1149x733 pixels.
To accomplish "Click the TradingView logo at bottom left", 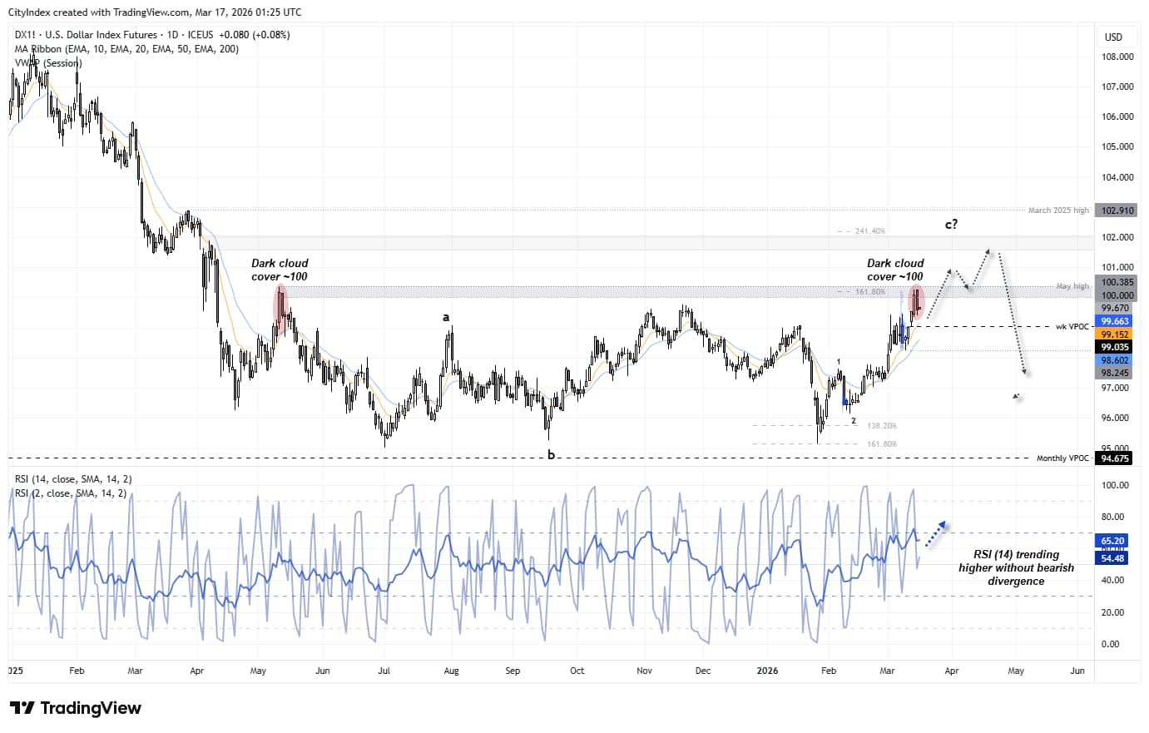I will coord(76,708).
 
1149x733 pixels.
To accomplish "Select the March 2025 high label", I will coord(1058,210).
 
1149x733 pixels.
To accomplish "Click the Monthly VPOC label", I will coord(1062,458).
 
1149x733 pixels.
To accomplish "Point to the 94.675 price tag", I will coord(1115,458).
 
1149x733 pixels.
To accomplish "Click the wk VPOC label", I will coord(1072,327).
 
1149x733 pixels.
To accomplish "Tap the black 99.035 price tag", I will coord(1115,347).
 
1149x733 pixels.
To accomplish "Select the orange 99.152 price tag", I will coord(1115,334).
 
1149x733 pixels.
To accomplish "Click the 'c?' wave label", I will coord(951,225).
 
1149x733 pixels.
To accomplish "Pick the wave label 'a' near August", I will coord(446,317).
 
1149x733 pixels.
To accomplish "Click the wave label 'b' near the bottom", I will coord(551,455).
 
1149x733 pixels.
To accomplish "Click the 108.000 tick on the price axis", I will coord(1117,57).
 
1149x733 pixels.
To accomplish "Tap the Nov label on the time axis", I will coord(644,671).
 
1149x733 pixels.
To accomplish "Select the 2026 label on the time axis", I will coord(767,671).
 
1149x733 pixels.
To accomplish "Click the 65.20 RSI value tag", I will coord(1113,541).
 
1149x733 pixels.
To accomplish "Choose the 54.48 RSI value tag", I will coord(1113,558).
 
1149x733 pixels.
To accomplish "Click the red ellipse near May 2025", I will coord(281,310).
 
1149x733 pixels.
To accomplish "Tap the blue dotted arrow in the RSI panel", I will coord(936,533).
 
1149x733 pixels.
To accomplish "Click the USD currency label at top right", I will coord(1113,37).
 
